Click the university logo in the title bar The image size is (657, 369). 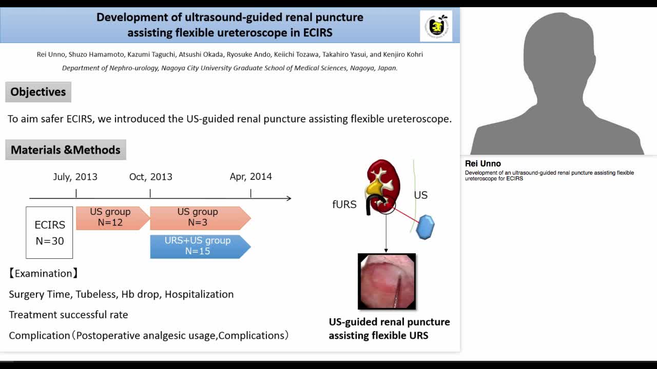tap(436, 26)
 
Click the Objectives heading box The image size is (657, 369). tap(38, 92)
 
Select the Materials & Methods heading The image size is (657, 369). tap(66, 150)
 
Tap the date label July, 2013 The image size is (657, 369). tap(75, 177)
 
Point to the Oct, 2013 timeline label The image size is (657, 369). tap(150, 177)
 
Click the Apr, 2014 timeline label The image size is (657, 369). tap(250, 177)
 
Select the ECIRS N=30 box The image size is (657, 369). tap(49, 233)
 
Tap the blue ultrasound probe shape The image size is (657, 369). tap(425, 227)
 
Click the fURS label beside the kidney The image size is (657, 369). tap(344, 204)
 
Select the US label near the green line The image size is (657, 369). tap(420, 195)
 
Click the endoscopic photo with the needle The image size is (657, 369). tap(387, 281)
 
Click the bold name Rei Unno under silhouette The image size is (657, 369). tap(482, 164)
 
